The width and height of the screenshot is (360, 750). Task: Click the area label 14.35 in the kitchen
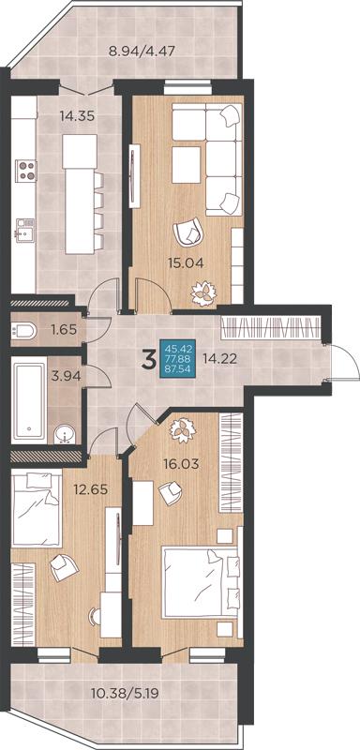tap(77, 115)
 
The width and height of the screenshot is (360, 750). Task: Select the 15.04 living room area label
tap(186, 262)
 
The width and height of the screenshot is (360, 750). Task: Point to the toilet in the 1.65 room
tap(23, 330)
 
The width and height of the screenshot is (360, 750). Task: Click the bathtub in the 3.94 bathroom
tap(30, 402)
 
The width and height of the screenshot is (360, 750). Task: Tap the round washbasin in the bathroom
tap(65, 434)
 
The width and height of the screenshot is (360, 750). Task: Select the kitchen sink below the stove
tap(25, 230)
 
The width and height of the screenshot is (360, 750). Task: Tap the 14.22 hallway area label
tap(219, 358)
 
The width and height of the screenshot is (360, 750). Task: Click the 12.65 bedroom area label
tap(90, 489)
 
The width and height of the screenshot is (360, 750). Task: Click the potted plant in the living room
tap(204, 292)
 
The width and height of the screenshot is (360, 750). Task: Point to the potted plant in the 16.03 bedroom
tap(183, 430)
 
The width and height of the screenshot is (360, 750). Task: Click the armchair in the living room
tap(188, 231)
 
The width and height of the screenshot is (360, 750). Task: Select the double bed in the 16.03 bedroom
tap(200, 582)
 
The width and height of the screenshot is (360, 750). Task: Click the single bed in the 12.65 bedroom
tap(37, 508)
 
